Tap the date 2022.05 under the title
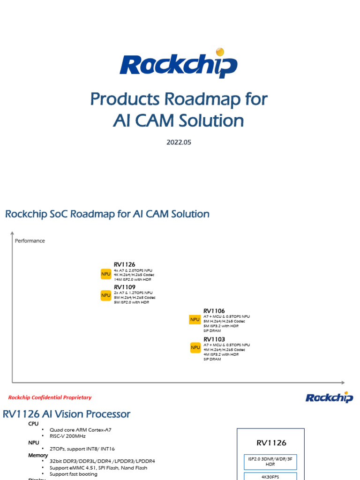[x=179, y=142]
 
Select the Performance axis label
[x=30, y=241]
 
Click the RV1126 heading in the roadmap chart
[x=124, y=264]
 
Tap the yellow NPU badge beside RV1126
[x=106, y=274]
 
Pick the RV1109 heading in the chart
[x=124, y=287]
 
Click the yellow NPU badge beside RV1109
[x=106, y=295]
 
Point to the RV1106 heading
[x=214, y=311]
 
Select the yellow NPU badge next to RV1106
[x=195, y=320]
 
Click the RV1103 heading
[x=214, y=339]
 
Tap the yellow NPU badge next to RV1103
[x=195, y=348]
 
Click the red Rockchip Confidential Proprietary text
[x=50, y=397]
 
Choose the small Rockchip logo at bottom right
[x=329, y=397]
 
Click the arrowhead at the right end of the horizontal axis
[x=343, y=382]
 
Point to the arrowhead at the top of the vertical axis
[x=12, y=232]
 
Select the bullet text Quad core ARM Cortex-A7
[x=81, y=430]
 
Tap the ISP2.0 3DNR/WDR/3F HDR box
[x=270, y=461]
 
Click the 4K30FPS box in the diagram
[x=270, y=476]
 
